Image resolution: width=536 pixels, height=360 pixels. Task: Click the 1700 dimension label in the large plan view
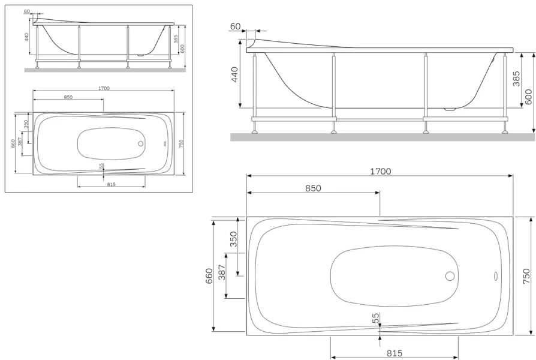click(x=380, y=171)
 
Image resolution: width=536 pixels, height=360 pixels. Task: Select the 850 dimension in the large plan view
click(x=313, y=188)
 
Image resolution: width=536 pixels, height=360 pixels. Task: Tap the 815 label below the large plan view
click(x=395, y=353)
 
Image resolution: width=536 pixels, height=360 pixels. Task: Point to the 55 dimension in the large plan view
click(x=376, y=319)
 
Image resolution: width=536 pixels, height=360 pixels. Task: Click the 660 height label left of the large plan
click(x=209, y=276)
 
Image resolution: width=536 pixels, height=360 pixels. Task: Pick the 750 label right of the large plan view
click(x=526, y=276)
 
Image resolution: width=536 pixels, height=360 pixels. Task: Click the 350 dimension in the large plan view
click(x=234, y=239)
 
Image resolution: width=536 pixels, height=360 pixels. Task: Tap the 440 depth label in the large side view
click(x=234, y=75)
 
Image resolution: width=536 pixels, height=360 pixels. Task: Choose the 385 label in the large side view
click(x=516, y=79)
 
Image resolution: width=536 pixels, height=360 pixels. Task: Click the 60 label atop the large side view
click(x=235, y=26)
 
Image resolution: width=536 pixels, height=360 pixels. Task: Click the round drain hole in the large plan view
click(x=450, y=276)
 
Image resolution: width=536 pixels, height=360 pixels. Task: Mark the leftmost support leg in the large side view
click(x=255, y=90)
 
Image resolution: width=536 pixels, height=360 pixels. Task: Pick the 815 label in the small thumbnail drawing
click(x=111, y=184)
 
